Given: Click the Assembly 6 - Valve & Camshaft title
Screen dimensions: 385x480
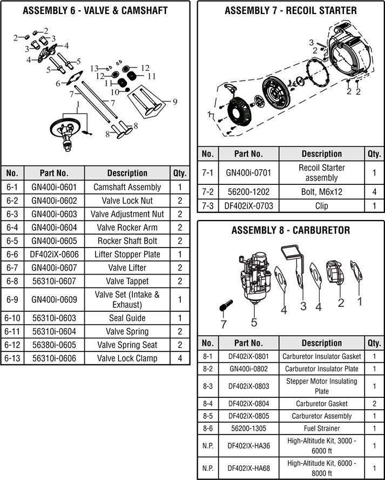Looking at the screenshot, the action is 95,11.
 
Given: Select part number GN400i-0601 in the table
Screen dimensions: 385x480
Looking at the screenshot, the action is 54,187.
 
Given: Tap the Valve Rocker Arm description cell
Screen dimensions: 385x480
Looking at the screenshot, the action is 127,228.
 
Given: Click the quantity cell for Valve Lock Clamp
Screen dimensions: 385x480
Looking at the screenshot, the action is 180,358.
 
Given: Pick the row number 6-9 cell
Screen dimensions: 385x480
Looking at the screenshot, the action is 12,299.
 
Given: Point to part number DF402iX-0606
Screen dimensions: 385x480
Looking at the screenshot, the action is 54,255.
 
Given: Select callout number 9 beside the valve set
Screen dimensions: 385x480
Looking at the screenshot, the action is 175,102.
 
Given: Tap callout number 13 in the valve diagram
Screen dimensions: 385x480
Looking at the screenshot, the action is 94,69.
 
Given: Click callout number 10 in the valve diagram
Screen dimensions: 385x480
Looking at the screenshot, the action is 115,92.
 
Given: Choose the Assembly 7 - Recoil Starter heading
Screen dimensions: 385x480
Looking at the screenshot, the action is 291,11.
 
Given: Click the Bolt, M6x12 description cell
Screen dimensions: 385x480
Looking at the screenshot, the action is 322,192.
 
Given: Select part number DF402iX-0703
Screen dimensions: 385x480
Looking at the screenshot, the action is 248,206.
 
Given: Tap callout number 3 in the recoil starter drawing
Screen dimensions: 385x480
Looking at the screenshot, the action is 312,43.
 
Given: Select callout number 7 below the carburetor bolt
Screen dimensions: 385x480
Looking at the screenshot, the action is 224,324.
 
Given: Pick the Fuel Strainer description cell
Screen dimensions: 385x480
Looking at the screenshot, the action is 322,428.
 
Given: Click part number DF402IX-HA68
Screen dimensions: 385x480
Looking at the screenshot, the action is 248,468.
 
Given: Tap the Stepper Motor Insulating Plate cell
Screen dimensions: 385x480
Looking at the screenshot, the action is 322,386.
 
